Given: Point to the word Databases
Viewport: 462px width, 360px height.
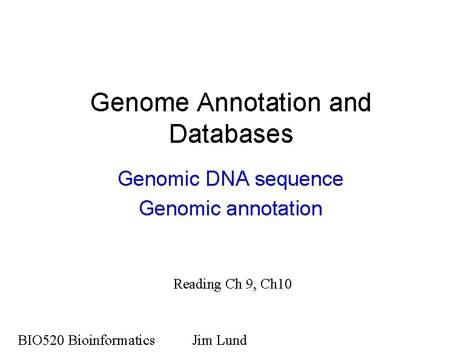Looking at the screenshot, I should tap(231, 134).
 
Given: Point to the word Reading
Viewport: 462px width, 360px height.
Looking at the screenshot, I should tap(197, 284).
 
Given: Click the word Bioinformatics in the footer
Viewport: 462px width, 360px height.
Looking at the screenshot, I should tap(111, 340).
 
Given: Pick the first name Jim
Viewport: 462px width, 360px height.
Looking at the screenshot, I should tap(202, 340).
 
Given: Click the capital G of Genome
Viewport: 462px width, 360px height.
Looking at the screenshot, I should tap(99, 103).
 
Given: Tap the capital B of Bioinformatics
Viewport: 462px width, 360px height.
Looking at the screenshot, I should tap(72, 340).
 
